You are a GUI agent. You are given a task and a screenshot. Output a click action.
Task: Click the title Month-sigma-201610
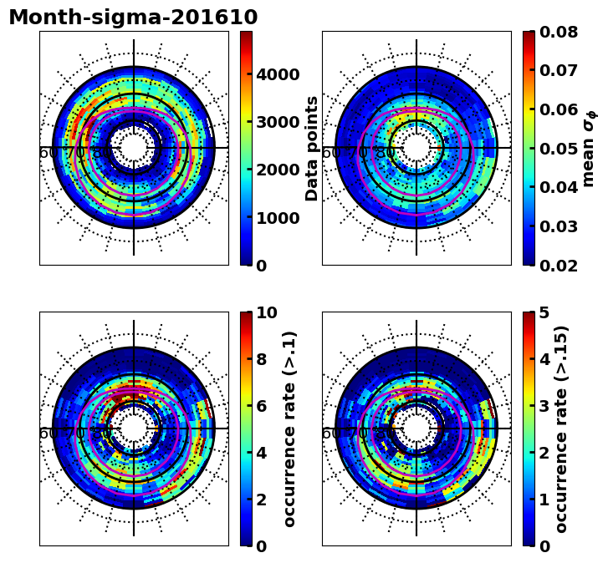[133, 18]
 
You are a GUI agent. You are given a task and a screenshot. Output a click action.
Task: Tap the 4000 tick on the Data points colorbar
[278, 74]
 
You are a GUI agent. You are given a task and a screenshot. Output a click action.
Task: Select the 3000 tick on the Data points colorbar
[278, 122]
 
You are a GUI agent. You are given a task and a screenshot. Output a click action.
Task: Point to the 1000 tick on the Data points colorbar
[278, 218]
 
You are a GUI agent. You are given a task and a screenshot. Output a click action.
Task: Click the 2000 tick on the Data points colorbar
[278, 170]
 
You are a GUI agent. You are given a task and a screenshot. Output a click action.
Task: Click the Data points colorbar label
[313, 148]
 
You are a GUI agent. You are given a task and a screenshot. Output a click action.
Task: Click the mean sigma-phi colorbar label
[590, 148]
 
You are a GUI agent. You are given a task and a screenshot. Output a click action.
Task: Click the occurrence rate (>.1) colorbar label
[290, 429]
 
